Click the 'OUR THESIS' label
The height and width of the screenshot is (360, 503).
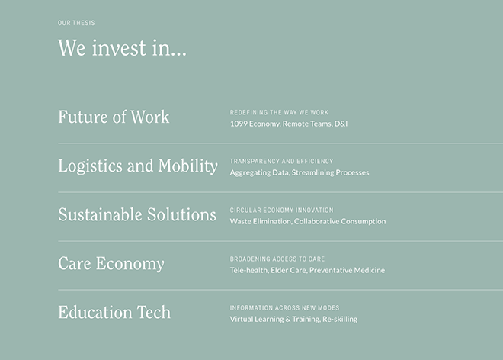76,23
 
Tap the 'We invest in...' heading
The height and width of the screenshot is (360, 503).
122,48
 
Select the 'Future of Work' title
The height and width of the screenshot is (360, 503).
114,117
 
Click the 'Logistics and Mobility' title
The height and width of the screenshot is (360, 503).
138,166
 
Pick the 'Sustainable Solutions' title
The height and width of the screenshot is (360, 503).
137,214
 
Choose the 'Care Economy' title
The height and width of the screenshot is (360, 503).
111,264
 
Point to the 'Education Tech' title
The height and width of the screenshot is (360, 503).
114,312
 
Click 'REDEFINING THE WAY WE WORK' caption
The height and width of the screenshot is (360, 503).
279,112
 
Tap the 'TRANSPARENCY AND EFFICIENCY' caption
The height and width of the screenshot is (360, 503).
281,161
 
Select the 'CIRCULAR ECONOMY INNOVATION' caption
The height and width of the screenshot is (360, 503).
281,210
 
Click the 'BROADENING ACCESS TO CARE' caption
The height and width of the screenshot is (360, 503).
277,259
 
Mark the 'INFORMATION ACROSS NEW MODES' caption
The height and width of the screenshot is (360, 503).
284,307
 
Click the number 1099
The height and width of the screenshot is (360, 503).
239,124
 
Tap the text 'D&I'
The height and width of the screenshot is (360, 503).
341,124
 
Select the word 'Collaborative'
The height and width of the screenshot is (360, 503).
316,221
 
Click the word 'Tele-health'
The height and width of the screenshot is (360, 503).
249,271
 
